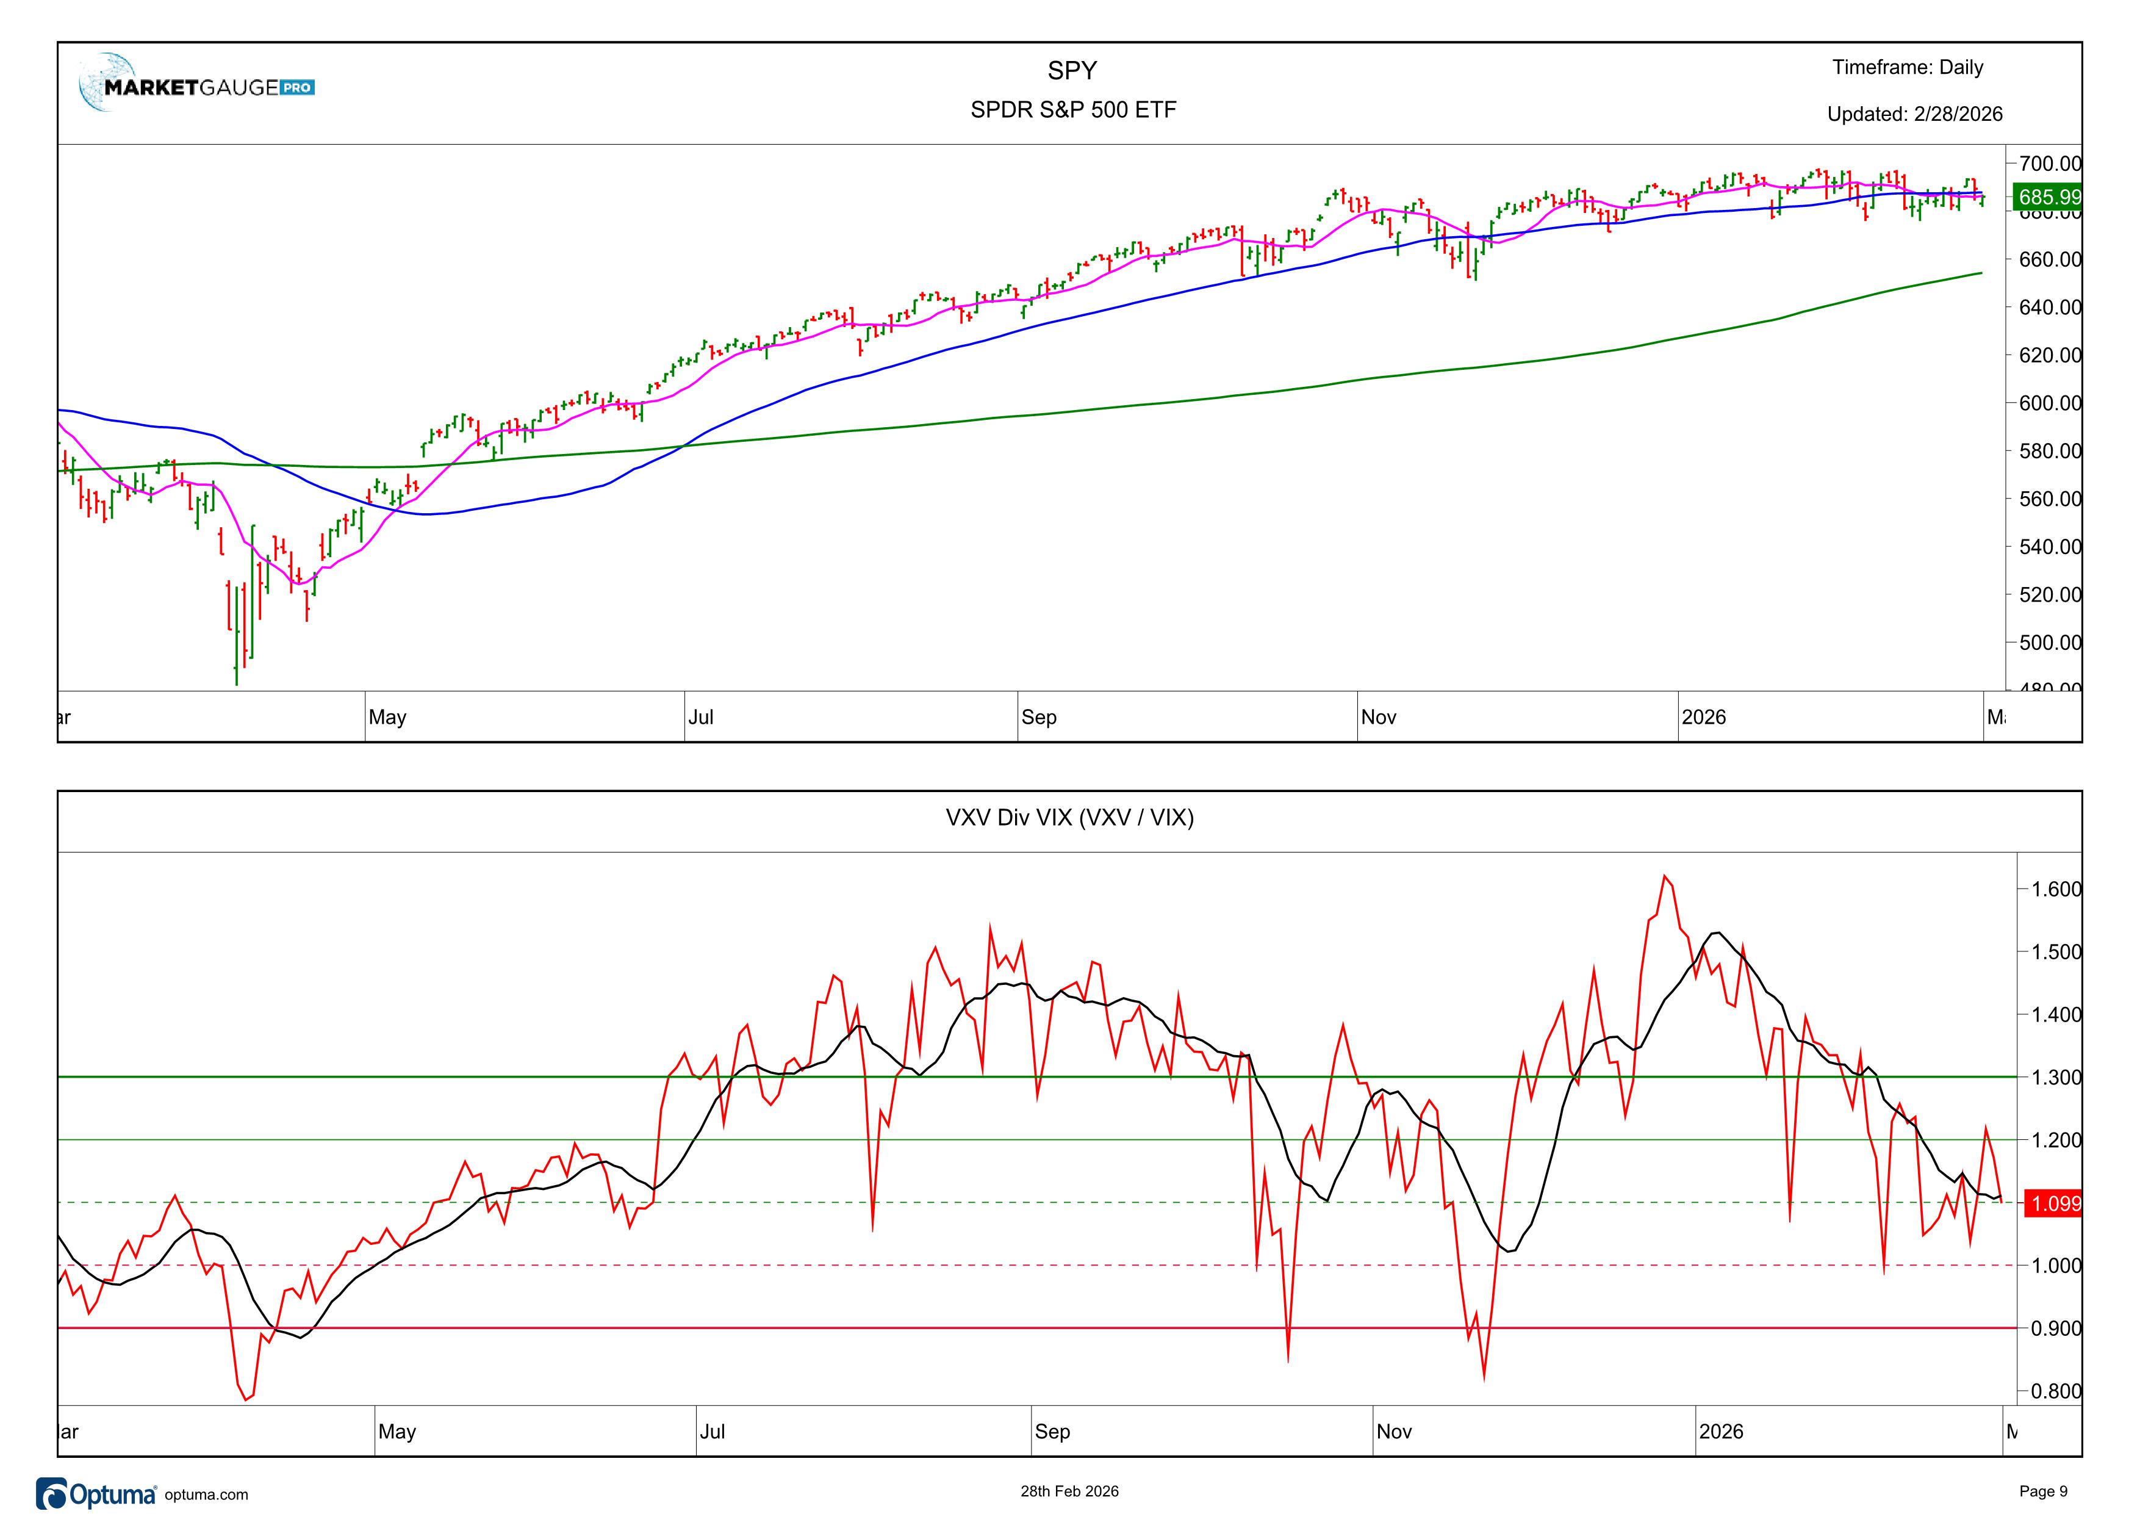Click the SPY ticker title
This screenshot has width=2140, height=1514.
click(x=1072, y=71)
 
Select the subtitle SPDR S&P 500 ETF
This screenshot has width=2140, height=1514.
click(x=1073, y=110)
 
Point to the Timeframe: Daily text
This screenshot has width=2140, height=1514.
click(x=1907, y=67)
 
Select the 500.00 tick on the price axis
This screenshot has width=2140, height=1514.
click(x=2048, y=643)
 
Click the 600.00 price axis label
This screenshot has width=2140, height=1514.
click(x=2048, y=403)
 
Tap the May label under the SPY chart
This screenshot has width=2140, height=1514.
click(x=388, y=717)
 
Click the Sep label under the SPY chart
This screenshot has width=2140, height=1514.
click(x=1038, y=717)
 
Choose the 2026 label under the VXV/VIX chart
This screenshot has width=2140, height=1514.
click(x=1720, y=1431)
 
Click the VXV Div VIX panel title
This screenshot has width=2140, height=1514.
click(x=1069, y=818)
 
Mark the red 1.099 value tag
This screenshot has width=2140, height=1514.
click(x=2054, y=1203)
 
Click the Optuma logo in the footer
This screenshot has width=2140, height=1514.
click(x=96, y=1493)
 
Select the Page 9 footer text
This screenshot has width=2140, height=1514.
click(x=2043, y=1491)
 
